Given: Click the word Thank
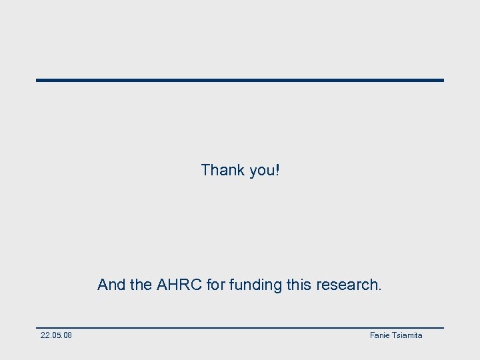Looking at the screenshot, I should [x=223, y=170].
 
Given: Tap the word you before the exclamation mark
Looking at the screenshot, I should [x=261, y=171].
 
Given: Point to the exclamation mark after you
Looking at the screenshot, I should [x=277, y=170].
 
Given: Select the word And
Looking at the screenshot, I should [x=111, y=285].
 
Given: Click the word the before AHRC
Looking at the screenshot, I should [x=141, y=285].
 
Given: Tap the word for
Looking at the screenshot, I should [x=216, y=285].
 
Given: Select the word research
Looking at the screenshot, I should [x=346, y=285].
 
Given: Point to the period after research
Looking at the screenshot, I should [x=380, y=290].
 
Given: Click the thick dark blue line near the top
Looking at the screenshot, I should [x=240, y=80].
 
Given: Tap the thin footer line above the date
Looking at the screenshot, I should [x=240, y=327].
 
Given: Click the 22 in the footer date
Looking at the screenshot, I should [x=45, y=335].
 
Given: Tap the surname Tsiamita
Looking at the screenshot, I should [x=407, y=335].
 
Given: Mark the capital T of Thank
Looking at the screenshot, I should [x=205, y=170].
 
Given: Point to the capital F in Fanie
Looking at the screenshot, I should [x=372, y=335].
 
